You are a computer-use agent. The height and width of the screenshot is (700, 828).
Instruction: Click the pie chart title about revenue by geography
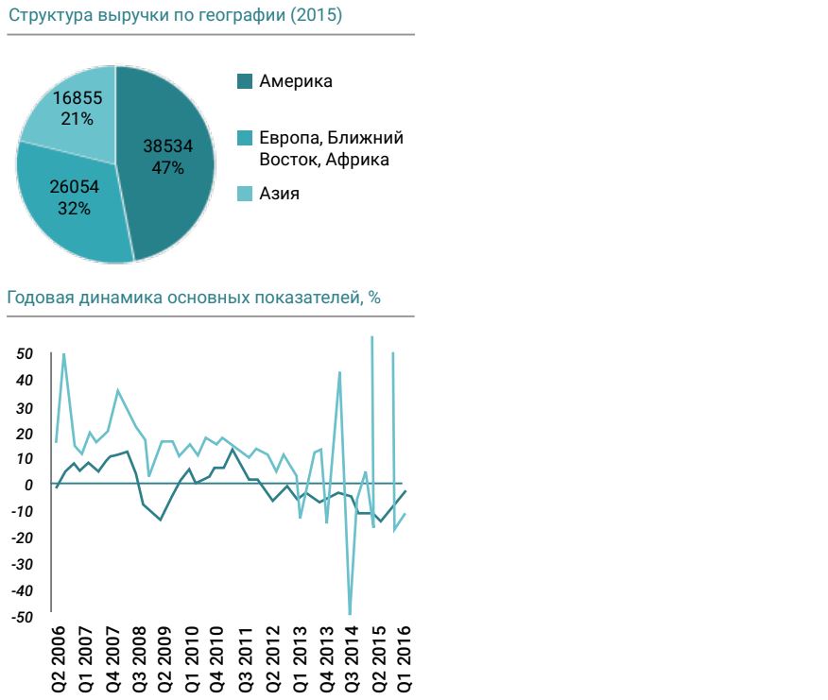coord(175,16)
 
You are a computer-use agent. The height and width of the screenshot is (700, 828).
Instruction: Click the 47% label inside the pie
coord(167,167)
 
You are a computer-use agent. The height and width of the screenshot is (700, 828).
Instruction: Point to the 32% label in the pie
coord(74,209)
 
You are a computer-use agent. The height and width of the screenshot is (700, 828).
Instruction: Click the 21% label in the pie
coord(78,119)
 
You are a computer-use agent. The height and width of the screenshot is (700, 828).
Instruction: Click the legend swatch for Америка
coord(245,82)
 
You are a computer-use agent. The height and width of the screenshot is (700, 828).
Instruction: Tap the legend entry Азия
coord(279,194)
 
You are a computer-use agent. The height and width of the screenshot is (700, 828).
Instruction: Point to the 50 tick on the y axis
coord(25,353)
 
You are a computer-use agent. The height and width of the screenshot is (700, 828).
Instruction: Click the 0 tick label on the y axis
coord(29,485)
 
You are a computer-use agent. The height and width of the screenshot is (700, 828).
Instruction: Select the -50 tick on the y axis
coord(23,617)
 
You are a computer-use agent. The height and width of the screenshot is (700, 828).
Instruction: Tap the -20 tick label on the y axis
coord(23,538)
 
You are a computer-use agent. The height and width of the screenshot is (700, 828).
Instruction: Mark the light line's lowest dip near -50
coord(350,613)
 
